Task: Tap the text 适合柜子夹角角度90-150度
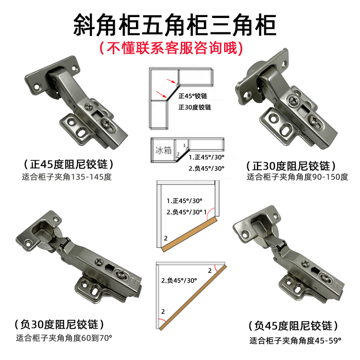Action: point(297,177)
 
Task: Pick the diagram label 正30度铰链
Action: point(194,108)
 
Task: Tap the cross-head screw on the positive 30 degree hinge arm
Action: point(295,103)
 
